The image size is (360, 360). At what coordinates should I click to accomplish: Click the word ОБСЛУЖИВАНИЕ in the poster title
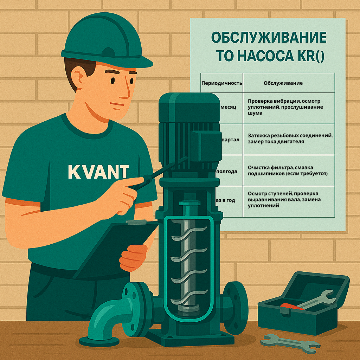[x=268, y=37]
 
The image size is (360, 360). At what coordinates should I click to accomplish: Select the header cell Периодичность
[x=222, y=83]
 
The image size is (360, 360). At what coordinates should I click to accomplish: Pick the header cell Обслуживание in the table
[x=283, y=83]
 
